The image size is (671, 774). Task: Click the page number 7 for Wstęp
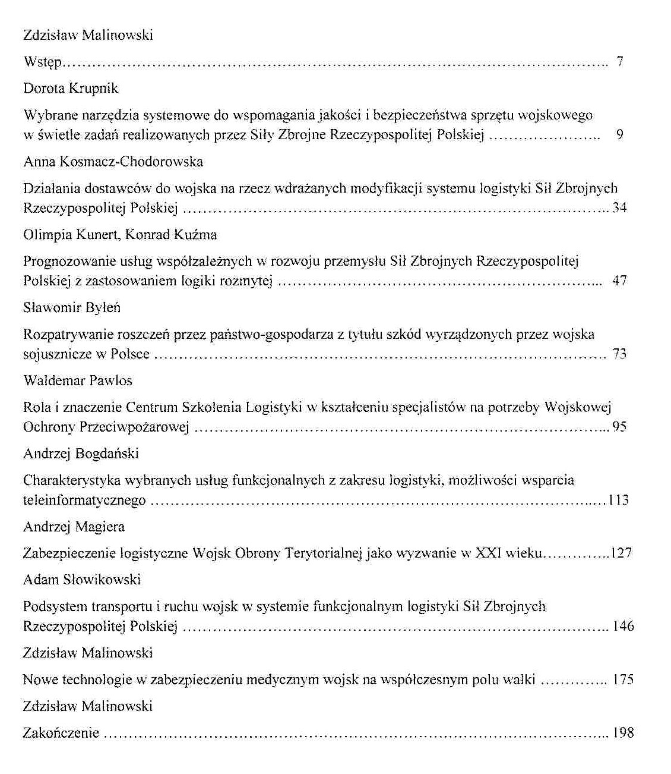point(619,61)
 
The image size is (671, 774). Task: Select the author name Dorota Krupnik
point(71,89)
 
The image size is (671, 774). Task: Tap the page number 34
point(619,208)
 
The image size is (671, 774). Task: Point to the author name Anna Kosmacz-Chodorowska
point(113,162)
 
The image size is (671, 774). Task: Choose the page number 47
point(619,281)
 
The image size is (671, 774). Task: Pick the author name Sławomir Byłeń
point(71,308)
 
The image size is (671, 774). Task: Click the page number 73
point(619,354)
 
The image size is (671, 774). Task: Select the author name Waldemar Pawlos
point(78,380)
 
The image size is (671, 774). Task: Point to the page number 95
point(619,427)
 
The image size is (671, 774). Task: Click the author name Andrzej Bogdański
point(81,454)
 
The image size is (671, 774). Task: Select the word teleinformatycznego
point(84,501)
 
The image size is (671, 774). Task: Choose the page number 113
point(618,501)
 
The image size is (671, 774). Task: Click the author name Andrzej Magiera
point(74,527)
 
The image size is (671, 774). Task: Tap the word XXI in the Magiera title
point(489,553)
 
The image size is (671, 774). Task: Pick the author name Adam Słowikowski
point(82,580)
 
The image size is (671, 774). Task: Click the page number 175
point(623,679)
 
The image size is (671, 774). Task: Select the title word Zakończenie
point(61,733)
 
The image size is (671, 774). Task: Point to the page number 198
point(623,733)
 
